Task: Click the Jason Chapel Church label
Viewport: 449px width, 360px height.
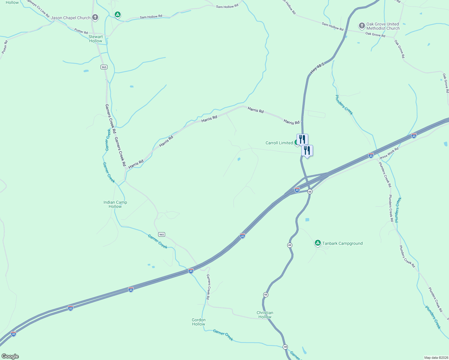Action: [71, 18]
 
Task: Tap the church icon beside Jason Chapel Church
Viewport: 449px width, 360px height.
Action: [95, 17]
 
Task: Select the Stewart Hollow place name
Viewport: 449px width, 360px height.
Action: [95, 39]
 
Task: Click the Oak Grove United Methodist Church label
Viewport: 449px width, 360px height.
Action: [383, 26]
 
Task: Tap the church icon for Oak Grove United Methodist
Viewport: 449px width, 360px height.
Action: [362, 26]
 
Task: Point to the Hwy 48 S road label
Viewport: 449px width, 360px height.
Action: [317, 68]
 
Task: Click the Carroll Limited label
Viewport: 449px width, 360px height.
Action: [279, 143]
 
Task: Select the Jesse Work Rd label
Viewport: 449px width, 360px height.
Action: [389, 153]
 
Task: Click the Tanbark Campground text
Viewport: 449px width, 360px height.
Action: [342, 243]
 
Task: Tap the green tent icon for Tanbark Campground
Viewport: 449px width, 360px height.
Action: [318, 243]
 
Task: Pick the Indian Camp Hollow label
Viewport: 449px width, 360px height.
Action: [115, 204]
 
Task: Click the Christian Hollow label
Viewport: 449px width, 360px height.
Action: [265, 315]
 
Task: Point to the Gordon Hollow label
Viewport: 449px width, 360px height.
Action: [199, 322]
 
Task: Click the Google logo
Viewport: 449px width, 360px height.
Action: [10, 356]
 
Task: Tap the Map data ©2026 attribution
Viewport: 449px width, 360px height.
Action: [436, 358]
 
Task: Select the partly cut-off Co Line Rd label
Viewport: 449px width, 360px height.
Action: [38, 7]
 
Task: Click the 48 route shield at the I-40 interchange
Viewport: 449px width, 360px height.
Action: [310, 191]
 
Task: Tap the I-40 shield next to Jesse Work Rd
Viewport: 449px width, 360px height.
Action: [371, 155]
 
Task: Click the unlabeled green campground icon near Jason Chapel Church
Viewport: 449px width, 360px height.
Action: [118, 14]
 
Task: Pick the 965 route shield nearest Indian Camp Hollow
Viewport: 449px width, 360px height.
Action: [161, 234]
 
